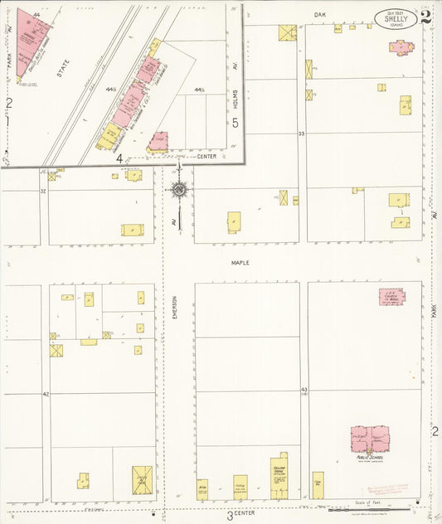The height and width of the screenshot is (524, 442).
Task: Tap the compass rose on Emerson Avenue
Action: [x=178, y=189]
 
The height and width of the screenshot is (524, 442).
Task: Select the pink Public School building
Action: [x=370, y=439]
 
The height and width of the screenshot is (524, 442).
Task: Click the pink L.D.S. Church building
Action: [x=392, y=297]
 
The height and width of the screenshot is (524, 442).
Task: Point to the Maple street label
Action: [x=240, y=263]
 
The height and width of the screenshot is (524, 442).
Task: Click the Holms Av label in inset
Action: [x=236, y=99]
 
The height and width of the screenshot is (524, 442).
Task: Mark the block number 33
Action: [x=302, y=133]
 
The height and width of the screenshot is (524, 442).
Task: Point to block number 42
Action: [x=46, y=394]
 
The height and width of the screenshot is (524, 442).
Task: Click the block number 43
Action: [x=304, y=389]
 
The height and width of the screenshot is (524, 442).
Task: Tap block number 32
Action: [x=43, y=191]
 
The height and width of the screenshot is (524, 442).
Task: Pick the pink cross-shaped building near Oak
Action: [x=401, y=46]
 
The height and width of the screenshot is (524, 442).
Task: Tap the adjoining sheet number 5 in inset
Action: [x=236, y=124]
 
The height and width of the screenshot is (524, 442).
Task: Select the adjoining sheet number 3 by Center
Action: [x=230, y=515]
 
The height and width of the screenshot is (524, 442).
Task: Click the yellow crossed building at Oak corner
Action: [x=287, y=32]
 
